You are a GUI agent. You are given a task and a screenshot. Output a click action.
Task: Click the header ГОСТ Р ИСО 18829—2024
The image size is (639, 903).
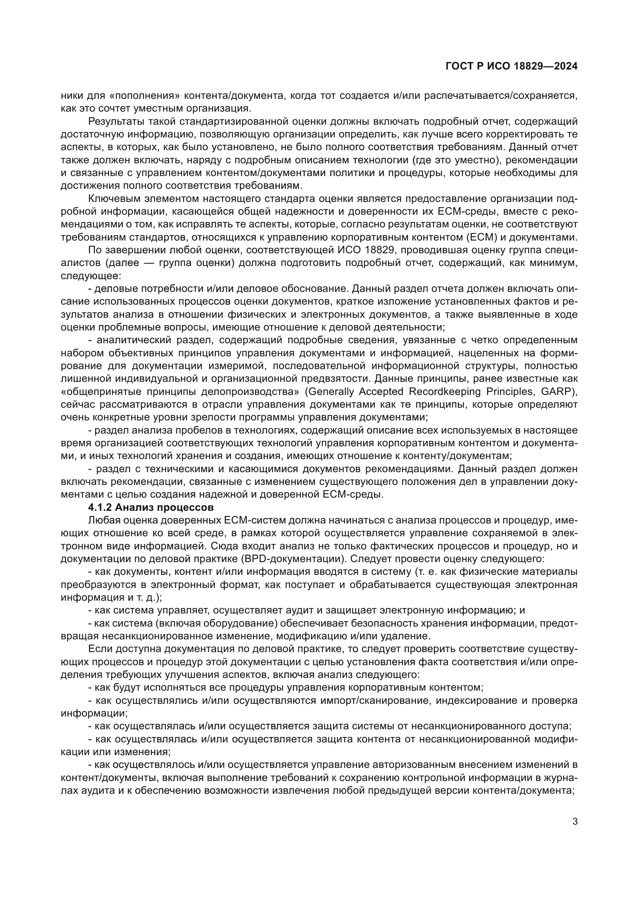coord(512,66)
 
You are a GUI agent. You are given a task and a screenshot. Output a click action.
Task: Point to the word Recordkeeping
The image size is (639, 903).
coord(443,392)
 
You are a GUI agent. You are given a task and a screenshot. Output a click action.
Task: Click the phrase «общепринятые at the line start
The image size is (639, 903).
coord(100,392)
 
